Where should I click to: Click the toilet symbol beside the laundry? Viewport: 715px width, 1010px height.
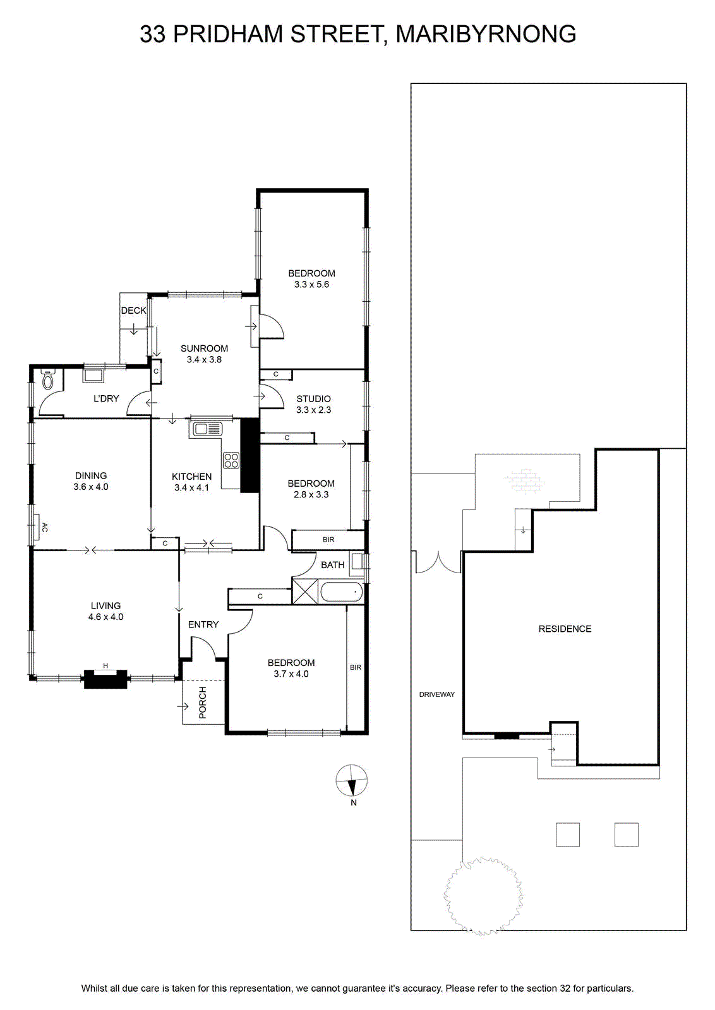[x=47, y=379]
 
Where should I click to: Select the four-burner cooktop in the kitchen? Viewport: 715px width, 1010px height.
[x=231, y=461]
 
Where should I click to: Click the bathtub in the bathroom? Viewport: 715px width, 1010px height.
[x=341, y=592]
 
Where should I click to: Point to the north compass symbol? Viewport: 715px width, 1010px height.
[x=351, y=780]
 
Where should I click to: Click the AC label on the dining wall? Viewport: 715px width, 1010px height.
[x=44, y=527]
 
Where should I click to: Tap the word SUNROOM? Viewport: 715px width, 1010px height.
[x=204, y=348]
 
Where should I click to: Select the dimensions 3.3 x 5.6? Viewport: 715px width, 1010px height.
[x=311, y=285]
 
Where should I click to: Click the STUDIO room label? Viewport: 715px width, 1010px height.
[x=313, y=398]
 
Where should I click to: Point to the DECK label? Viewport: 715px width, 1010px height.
[x=133, y=311]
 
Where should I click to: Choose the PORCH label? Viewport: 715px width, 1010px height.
[x=203, y=703]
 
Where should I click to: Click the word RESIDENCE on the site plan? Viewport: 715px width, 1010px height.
[x=565, y=629]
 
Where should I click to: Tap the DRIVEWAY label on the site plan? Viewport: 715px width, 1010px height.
[x=436, y=694]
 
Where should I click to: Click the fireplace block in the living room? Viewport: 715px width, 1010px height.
[x=105, y=679]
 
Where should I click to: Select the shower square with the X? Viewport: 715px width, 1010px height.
[x=305, y=591]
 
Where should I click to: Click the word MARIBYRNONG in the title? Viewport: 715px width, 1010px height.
[x=486, y=34]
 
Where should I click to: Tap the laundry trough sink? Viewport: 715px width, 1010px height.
[x=93, y=376]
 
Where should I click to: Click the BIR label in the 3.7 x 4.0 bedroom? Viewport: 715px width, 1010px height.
[x=356, y=667]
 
